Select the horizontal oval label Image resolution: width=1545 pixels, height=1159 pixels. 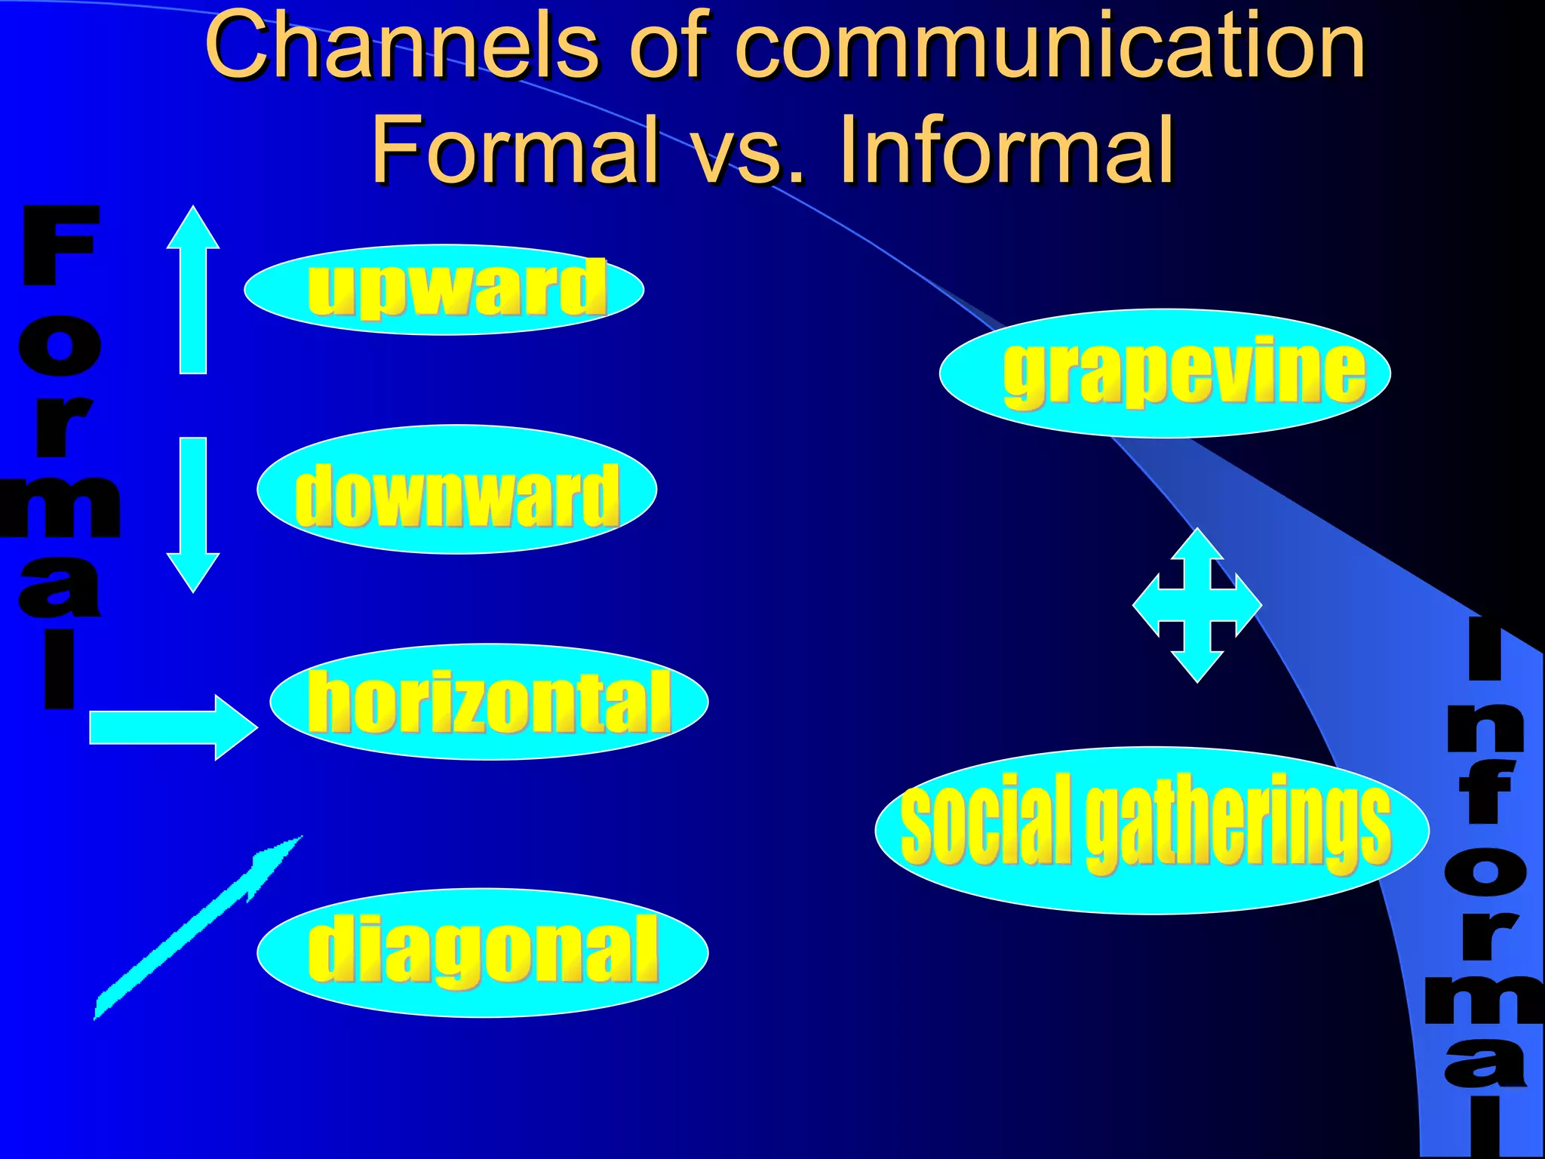[x=489, y=702]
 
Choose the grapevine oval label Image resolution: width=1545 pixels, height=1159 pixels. [x=1165, y=374]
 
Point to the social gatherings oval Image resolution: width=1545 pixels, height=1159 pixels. [x=1152, y=830]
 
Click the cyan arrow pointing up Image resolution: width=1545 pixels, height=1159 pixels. [x=193, y=291]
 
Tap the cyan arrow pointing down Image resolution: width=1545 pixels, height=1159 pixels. [x=193, y=513]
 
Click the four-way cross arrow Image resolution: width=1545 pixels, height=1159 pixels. [x=1197, y=605]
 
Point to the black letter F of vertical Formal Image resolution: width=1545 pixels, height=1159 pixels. [x=60, y=244]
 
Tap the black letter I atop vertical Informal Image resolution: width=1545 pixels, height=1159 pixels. [x=1485, y=649]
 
